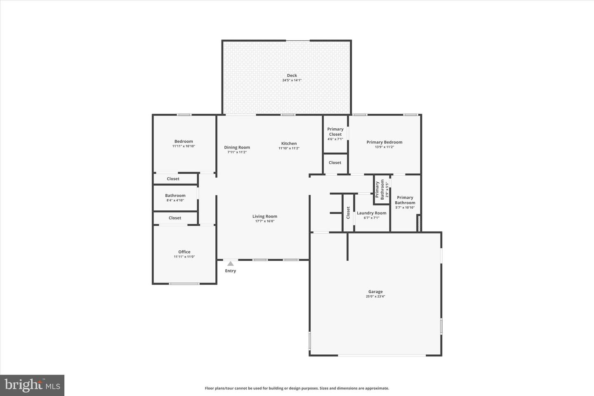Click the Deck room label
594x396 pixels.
(292, 75)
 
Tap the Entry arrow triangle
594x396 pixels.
(231, 263)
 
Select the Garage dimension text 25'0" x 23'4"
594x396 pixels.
(375, 297)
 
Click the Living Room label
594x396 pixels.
(265, 216)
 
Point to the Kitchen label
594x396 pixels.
(289, 143)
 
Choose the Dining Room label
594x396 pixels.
(237, 147)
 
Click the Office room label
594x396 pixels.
(184, 252)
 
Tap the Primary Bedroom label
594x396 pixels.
(384, 142)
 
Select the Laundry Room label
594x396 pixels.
(371, 213)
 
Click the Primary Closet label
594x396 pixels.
(335, 132)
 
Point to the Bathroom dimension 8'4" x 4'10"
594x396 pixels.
(175, 200)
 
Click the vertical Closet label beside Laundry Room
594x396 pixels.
(348, 212)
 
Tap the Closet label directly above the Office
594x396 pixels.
(175, 218)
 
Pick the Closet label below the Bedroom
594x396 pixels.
(173, 179)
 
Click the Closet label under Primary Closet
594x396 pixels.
(335, 163)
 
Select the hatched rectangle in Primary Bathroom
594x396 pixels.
(419, 223)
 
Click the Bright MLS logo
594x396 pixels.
(32, 385)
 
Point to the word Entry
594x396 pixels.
(231, 271)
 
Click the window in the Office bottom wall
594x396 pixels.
(184, 283)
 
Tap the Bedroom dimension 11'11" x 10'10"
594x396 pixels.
(184, 146)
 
